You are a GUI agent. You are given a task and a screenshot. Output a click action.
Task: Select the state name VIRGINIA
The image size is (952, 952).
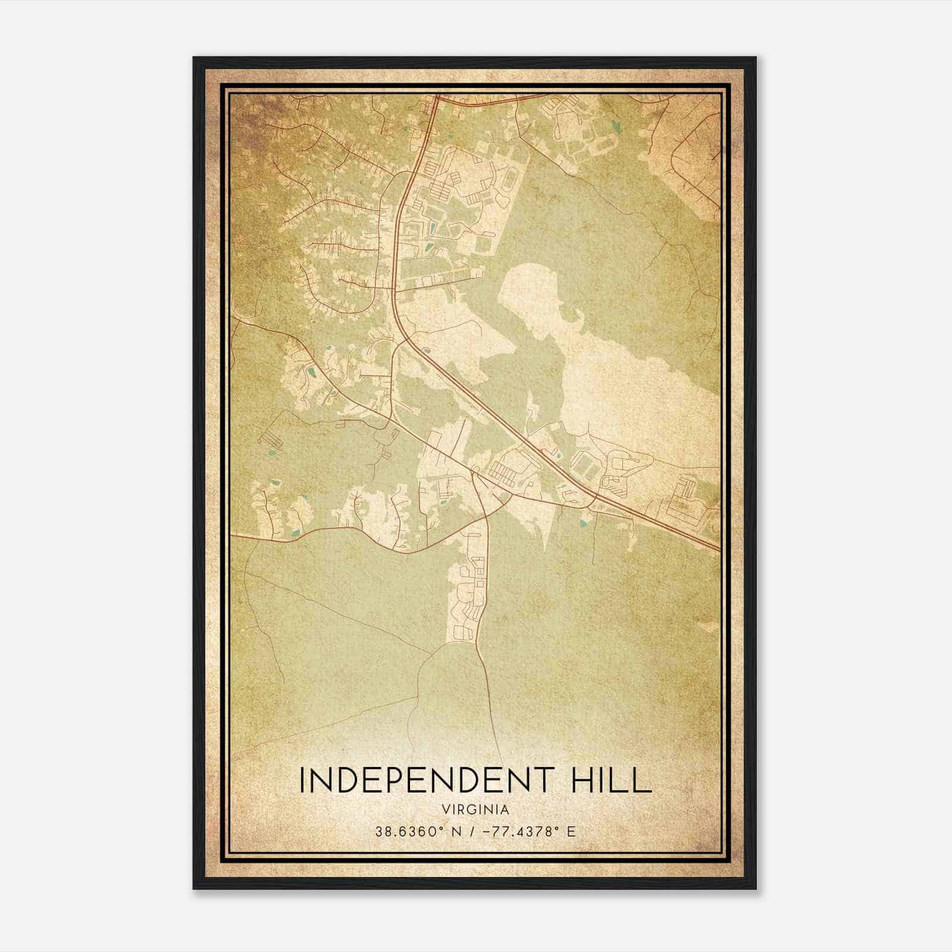click(x=475, y=810)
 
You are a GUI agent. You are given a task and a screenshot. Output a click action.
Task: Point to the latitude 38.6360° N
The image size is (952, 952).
click(x=414, y=832)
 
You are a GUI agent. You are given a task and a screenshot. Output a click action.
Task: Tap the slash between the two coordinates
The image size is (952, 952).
click(x=472, y=832)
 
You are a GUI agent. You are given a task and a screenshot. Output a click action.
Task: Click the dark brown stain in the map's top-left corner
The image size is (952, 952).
click(x=250, y=113)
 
